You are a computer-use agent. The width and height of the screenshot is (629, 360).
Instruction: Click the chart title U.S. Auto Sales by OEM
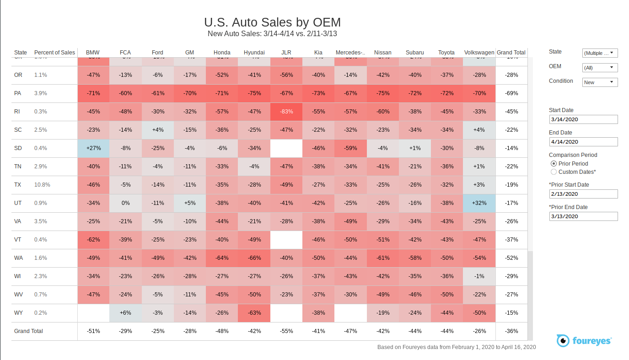click(272, 22)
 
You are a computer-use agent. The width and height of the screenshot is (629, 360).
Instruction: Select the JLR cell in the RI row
click(286, 112)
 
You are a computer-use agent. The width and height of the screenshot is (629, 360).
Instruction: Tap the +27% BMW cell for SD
click(93, 148)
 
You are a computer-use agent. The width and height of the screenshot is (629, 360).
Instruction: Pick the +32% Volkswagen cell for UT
click(479, 203)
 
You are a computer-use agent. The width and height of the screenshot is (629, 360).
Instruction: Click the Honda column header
click(222, 53)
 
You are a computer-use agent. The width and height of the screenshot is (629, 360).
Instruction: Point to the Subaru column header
click(414, 53)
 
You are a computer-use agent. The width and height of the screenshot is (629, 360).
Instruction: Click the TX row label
click(18, 185)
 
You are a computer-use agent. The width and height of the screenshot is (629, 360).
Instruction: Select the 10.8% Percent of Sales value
click(42, 185)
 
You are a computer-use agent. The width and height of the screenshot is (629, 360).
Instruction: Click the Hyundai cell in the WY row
click(254, 313)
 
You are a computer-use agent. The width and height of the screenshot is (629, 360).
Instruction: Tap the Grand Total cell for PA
click(511, 93)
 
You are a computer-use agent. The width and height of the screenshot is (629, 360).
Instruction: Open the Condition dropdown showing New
click(600, 82)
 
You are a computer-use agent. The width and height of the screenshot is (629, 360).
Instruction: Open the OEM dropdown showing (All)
click(600, 68)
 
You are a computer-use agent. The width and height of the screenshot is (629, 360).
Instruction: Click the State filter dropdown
click(600, 53)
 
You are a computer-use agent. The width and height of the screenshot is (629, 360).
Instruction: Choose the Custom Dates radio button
click(554, 172)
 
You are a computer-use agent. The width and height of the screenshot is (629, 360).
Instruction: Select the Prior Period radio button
click(554, 164)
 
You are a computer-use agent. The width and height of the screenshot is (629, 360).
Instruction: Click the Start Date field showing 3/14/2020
click(583, 119)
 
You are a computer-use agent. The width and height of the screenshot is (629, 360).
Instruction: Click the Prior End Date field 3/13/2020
click(583, 216)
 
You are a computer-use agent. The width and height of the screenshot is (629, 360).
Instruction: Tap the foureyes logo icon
click(563, 340)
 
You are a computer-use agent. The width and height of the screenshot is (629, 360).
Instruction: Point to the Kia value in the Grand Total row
click(318, 331)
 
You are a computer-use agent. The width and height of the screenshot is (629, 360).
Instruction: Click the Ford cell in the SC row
click(157, 130)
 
